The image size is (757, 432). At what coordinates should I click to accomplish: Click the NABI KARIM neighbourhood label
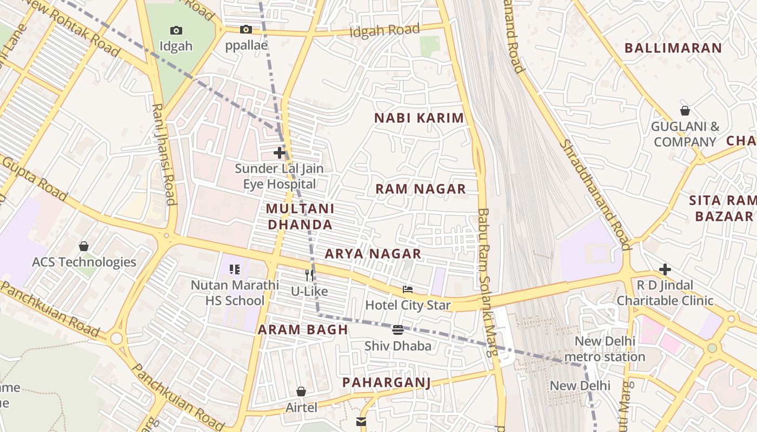(420, 118)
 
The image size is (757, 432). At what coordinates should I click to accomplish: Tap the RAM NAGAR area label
(421, 189)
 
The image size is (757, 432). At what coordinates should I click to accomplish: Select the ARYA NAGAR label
(373, 254)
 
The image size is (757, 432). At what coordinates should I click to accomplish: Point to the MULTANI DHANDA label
(300, 217)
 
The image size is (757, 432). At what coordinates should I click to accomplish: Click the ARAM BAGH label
(303, 330)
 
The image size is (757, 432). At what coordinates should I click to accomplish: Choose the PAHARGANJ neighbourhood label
(387, 383)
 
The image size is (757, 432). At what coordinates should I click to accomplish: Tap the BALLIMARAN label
(673, 48)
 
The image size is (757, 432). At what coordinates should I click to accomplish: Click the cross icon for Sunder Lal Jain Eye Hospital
(279, 153)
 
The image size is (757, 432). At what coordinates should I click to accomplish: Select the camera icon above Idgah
(176, 30)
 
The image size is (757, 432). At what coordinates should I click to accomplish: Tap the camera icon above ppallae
(246, 29)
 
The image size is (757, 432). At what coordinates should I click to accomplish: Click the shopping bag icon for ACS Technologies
(84, 246)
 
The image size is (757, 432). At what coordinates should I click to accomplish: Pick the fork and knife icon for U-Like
(309, 275)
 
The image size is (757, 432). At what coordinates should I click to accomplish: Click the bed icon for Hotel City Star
(408, 289)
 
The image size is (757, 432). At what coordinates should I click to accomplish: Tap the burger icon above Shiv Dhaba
(398, 329)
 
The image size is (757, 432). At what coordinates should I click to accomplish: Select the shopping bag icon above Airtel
(301, 391)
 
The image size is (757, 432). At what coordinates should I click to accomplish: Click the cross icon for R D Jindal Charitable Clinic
(665, 269)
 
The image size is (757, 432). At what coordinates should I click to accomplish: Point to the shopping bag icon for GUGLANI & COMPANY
(685, 111)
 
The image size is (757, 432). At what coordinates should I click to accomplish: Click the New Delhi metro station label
(605, 349)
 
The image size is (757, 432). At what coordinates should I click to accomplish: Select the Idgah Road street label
(384, 31)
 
